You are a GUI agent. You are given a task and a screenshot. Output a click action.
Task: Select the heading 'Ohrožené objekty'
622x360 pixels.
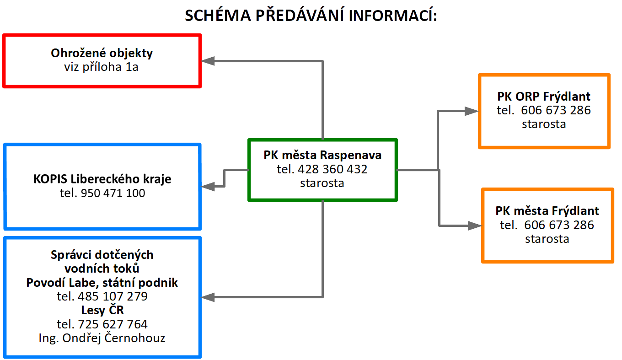(102, 53)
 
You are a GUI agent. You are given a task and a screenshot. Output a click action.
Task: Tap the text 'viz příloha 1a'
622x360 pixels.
(101, 67)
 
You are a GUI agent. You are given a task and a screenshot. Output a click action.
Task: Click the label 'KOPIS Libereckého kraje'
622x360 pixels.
(102, 179)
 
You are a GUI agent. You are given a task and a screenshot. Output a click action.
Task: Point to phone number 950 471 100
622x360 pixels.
(113, 193)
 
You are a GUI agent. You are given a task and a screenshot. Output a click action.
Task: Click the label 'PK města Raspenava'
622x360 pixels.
(322, 155)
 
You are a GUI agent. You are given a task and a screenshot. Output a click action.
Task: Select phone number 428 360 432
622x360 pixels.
(332, 169)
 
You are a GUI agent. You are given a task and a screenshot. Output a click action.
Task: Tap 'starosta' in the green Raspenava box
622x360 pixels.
(322, 183)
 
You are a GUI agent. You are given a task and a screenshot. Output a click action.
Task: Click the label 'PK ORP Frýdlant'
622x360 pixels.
(544, 97)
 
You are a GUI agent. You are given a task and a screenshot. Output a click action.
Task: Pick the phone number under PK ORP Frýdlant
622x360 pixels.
(556, 110)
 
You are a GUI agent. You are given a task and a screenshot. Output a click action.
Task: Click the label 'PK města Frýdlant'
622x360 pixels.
(547, 211)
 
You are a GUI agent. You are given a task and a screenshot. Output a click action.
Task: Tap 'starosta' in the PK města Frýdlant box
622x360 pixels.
(547, 239)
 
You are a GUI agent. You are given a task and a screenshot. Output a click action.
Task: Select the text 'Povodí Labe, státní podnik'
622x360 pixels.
(102, 283)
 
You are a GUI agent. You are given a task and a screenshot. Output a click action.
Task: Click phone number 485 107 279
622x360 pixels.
(113, 296)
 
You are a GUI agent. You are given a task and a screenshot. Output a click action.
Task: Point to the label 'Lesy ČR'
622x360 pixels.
(102, 310)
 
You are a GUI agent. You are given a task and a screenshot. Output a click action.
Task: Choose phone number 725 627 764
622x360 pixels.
(113, 324)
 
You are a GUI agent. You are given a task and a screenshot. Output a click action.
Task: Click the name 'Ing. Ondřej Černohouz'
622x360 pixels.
(102, 338)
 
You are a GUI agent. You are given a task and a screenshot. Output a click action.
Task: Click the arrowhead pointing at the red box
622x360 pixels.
(208, 61)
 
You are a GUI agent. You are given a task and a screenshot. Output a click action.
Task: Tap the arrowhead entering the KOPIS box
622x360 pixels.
(208, 186)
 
